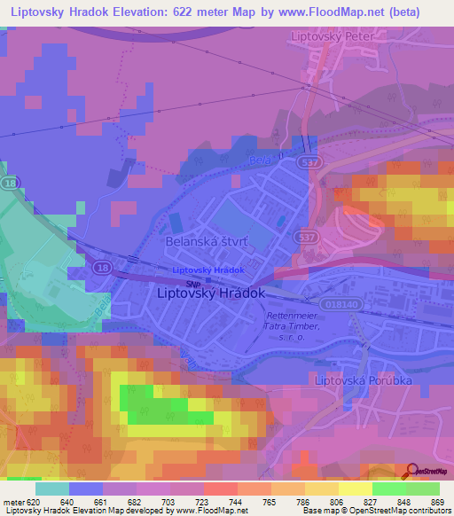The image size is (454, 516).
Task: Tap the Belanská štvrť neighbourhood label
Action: click(x=205, y=240)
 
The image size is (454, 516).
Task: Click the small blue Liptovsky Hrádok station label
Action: click(x=207, y=270)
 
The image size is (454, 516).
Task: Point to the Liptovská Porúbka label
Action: click(x=364, y=379)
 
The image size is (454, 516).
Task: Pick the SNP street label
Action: click(x=192, y=284)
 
